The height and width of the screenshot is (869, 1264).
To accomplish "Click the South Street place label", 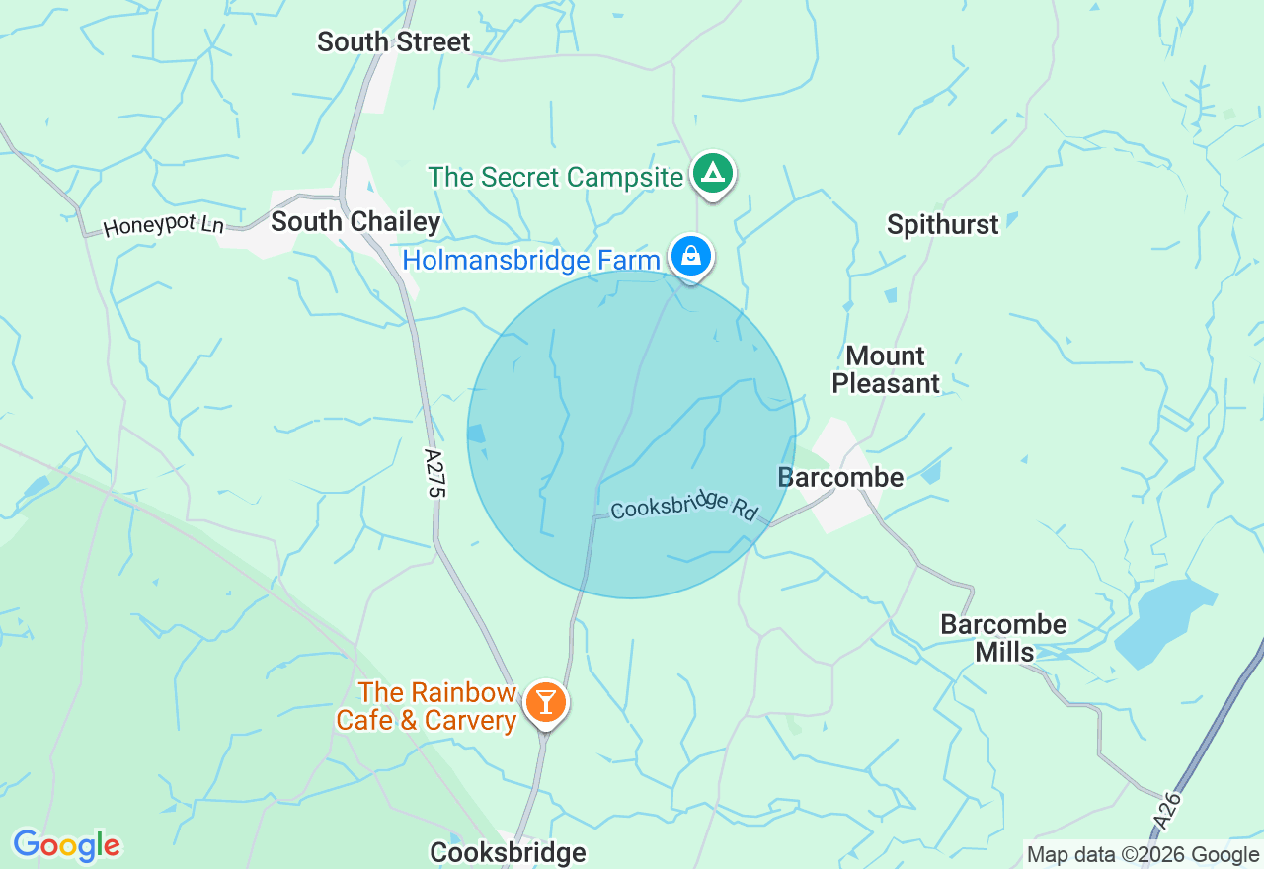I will (393, 42).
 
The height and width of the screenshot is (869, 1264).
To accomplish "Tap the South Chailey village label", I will (355, 221).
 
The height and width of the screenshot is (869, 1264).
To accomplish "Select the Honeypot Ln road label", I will (163, 226).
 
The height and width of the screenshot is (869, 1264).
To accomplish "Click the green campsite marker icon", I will (712, 174).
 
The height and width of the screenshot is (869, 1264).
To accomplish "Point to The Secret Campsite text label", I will (555, 178).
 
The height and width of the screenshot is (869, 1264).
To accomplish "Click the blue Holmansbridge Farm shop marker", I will (691, 256).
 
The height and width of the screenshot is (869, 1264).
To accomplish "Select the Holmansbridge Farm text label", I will (530, 261).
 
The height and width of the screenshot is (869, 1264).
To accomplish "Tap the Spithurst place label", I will (942, 225).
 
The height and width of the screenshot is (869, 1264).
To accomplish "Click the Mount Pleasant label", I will (886, 369).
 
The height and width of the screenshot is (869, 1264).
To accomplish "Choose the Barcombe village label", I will (840, 478).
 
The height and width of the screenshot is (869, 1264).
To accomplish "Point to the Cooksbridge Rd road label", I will (683, 507).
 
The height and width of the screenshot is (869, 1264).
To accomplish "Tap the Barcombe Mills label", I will (1003, 638).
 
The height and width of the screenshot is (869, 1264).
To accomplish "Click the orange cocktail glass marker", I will (544, 703).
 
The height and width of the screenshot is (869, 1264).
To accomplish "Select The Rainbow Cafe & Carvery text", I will (427, 706).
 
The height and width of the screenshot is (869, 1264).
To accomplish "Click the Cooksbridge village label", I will (508, 852).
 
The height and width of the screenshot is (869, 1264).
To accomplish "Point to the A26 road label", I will (1168, 815).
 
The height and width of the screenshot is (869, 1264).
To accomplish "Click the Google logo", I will (66, 845).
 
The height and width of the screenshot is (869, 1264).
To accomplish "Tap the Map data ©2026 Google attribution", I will (1143, 855).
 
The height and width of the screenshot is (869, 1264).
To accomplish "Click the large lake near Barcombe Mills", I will (1165, 622).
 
